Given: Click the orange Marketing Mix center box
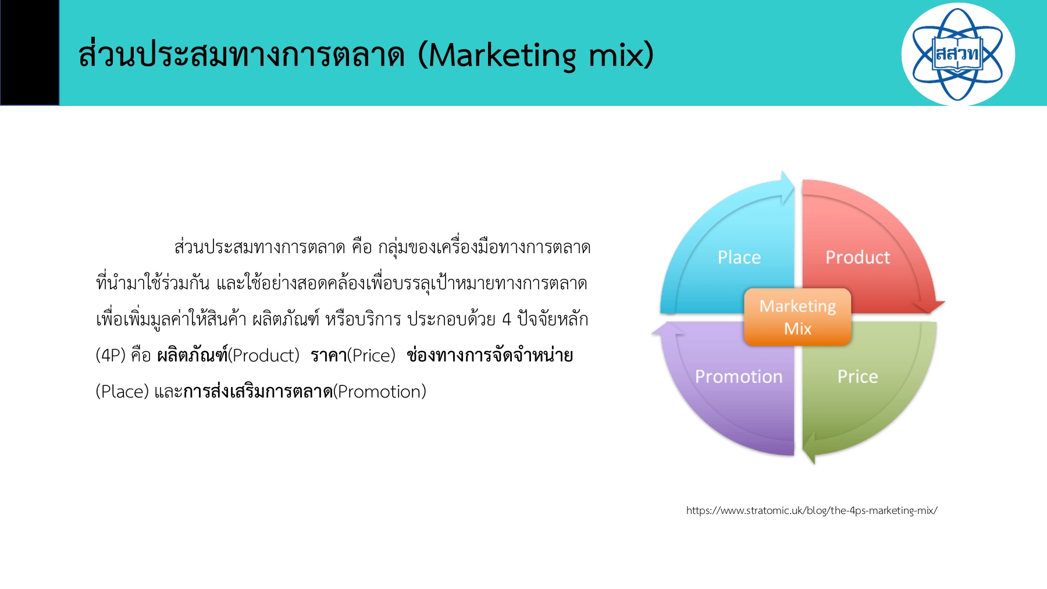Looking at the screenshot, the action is tap(797, 317).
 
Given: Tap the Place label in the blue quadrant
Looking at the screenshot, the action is tap(739, 257).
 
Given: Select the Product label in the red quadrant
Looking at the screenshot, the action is tap(857, 257).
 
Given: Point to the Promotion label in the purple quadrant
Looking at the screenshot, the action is tap(739, 377).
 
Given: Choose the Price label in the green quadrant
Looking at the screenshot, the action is tap(857, 377).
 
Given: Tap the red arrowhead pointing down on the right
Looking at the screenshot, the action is tap(927, 307).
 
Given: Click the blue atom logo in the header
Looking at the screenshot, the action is tap(957, 54).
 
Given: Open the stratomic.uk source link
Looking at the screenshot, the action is tap(811, 510).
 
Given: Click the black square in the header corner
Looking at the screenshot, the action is tap(30, 52).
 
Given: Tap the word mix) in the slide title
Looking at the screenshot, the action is tap(621, 56).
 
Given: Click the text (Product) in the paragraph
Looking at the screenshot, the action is tap(263, 355).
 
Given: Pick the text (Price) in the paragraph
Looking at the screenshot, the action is tap(371, 355).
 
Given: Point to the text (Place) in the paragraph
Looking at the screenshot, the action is tap(122, 391).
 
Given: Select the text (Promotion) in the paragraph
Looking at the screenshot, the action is tap(379, 391).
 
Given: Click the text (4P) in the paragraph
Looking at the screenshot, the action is tap(111, 355).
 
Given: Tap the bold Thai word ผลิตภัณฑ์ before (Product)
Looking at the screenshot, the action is tap(192, 355).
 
